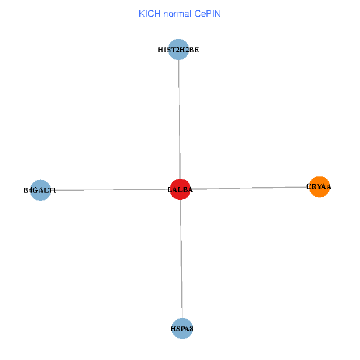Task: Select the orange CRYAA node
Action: pyautogui.click(x=320, y=187)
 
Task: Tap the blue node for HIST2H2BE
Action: pyautogui.click(x=178, y=50)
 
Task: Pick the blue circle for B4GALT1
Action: pyautogui.click(x=40, y=190)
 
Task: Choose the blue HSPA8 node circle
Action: pyautogui.click(x=182, y=328)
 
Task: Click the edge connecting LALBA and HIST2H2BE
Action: pyautogui.click(x=179, y=120)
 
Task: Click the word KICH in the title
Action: pyautogui.click(x=147, y=13)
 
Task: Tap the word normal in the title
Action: pyautogui.click(x=175, y=13)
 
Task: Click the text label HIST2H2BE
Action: pyautogui.click(x=178, y=50)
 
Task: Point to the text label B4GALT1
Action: pyautogui.click(x=40, y=190)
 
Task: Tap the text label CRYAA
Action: pyautogui.click(x=319, y=187)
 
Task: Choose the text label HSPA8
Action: pyautogui.click(x=182, y=329)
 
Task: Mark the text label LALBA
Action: pyautogui.click(x=180, y=190)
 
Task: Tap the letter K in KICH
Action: pyautogui.click(x=141, y=13)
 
